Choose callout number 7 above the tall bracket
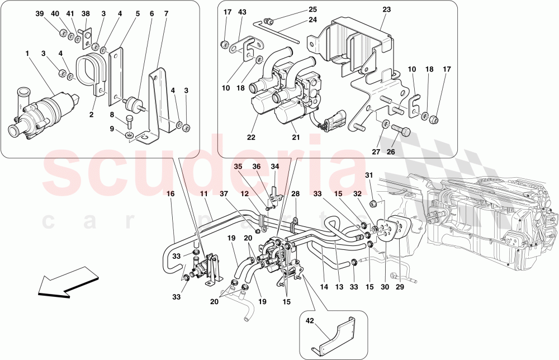pyautogui.click(x=166, y=13)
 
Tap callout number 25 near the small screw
pyautogui.click(x=312, y=10)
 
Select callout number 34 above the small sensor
pyautogui.click(x=274, y=167)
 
